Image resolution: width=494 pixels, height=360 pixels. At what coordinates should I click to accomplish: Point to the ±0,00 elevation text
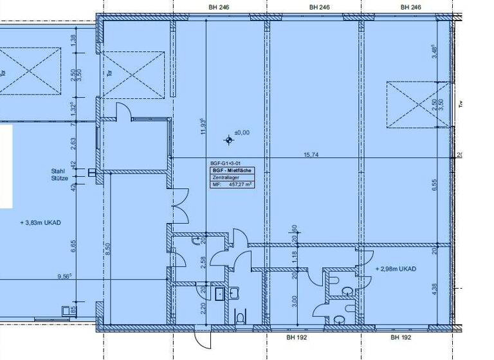[x=242, y=132]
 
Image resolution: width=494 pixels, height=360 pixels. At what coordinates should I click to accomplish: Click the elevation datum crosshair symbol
[x=229, y=139]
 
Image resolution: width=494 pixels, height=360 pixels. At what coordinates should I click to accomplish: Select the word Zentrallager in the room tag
[x=223, y=177]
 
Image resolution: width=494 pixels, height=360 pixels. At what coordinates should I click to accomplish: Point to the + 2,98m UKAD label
[x=396, y=269]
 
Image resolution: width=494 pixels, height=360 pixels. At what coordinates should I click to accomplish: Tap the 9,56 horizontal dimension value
[x=64, y=276]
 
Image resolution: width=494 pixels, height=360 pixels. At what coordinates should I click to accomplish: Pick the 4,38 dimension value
[x=435, y=289]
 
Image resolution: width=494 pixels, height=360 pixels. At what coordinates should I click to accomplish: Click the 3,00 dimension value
[x=295, y=300]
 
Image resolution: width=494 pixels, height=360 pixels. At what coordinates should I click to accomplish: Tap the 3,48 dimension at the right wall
[x=435, y=52]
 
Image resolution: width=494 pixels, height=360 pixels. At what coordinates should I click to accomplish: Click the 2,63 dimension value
[x=73, y=142]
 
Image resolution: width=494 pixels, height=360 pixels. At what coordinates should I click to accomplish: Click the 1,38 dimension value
[x=73, y=40]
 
